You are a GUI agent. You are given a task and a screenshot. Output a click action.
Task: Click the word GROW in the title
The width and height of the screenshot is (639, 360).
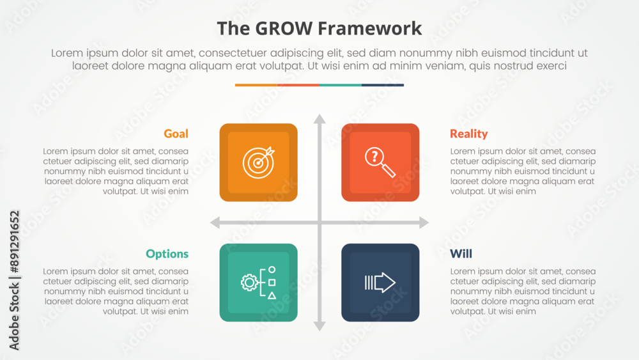(x=284, y=29)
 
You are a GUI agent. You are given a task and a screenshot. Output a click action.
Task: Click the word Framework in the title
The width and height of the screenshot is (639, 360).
(x=369, y=29)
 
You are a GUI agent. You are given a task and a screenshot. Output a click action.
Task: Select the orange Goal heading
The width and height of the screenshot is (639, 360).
(x=176, y=134)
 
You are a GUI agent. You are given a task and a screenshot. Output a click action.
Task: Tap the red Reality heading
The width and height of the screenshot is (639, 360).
(x=468, y=134)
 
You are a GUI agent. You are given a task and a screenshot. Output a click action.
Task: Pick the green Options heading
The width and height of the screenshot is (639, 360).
(x=167, y=254)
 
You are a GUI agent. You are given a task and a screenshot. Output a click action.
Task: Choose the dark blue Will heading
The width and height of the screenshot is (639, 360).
(x=461, y=254)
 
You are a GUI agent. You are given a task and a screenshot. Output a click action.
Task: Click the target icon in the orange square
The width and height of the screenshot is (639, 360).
(x=258, y=162)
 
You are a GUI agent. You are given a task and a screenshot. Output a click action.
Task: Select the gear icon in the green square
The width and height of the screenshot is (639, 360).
(x=249, y=283)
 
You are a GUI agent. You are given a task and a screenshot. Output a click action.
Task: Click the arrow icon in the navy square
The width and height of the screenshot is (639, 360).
(x=380, y=283)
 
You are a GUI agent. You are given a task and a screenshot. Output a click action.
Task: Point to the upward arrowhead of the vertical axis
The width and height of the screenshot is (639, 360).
(x=319, y=119)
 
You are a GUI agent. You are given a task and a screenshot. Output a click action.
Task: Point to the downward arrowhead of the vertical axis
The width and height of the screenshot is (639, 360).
(x=319, y=326)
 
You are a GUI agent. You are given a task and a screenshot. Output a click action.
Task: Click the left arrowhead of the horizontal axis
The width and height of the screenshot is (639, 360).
(x=215, y=223)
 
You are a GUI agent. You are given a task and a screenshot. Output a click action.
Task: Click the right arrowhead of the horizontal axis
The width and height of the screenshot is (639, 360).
(x=424, y=223)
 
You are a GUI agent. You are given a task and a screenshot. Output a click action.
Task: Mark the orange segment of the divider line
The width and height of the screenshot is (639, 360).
(x=256, y=85)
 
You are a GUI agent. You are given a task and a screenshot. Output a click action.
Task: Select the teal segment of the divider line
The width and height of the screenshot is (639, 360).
(x=341, y=85)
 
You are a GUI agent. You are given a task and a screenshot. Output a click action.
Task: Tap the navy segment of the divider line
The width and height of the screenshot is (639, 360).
(x=383, y=85)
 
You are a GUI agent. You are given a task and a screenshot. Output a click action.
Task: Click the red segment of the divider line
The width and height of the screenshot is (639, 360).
(x=298, y=85)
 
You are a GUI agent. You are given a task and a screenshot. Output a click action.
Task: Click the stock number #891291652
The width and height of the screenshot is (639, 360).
(x=14, y=242)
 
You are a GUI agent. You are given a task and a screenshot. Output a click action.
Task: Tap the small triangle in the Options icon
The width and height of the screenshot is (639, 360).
(x=272, y=295)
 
